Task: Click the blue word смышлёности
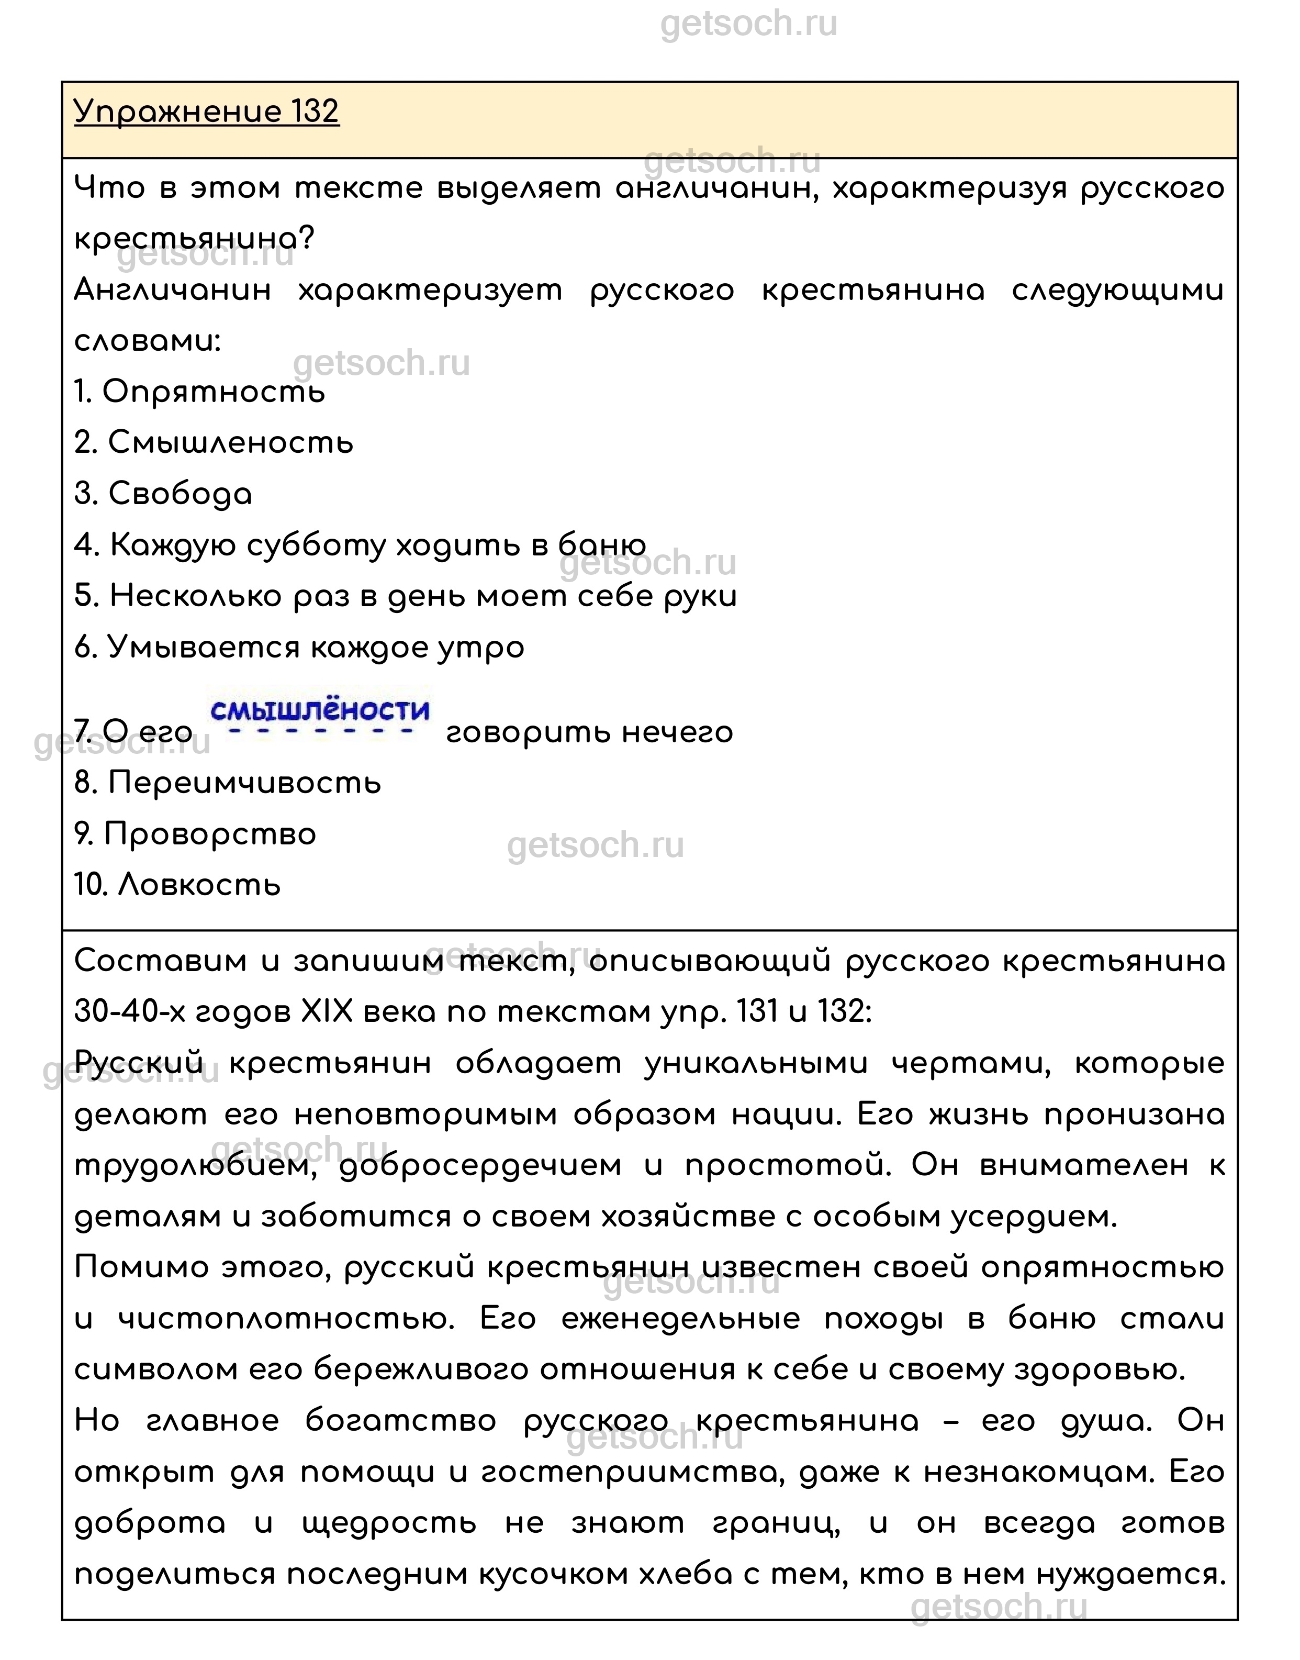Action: click(320, 711)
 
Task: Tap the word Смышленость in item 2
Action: click(231, 443)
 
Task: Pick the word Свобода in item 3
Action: click(181, 494)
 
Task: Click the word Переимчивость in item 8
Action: click(244, 783)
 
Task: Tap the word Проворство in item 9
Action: click(210, 834)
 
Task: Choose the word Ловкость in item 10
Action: click(200, 885)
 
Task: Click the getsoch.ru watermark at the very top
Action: click(749, 25)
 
